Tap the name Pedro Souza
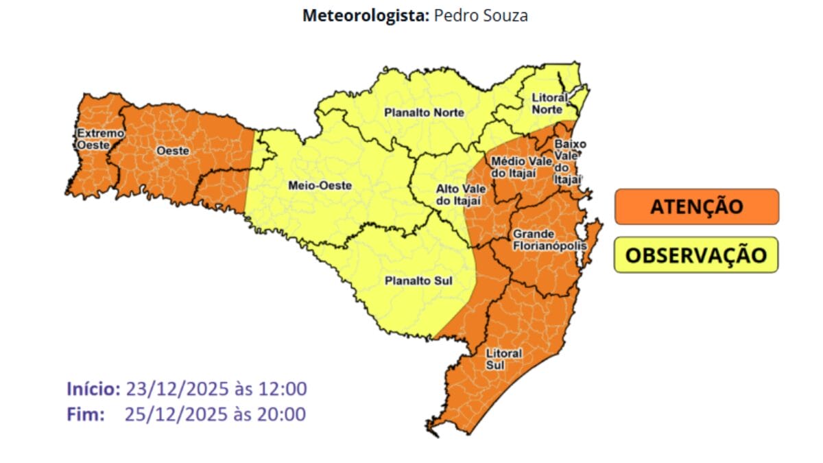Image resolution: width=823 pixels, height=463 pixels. [x=481, y=15]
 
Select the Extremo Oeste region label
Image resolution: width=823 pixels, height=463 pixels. [x=100, y=139]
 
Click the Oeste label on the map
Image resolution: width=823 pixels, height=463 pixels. [x=173, y=150]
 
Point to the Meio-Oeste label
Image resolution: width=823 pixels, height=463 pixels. [x=320, y=185]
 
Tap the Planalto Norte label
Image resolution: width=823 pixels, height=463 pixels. [x=424, y=112]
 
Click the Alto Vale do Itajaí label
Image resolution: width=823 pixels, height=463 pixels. [x=458, y=194]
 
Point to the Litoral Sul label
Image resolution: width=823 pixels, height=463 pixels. [x=503, y=359]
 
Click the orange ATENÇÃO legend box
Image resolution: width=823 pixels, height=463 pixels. [x=696, y=206]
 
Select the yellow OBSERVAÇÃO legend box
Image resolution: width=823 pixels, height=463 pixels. [x=696, y=255]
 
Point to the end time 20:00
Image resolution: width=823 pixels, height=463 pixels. [x=283, y=414]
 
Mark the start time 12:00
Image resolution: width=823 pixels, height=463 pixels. [x=283, y=389]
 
